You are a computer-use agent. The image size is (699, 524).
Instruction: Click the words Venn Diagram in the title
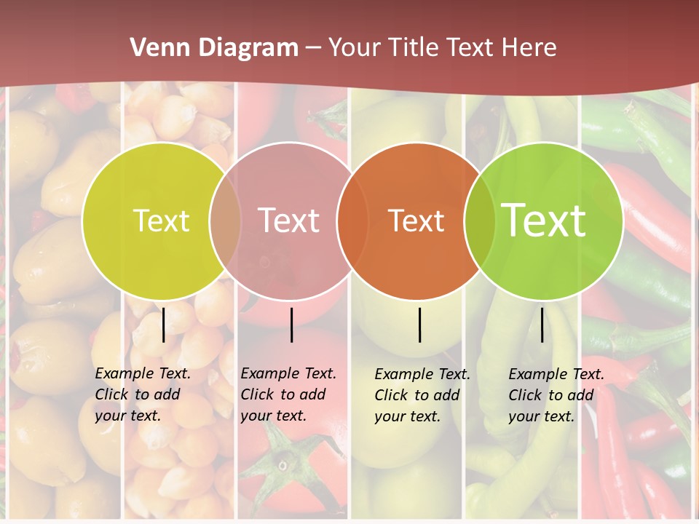[214, 48]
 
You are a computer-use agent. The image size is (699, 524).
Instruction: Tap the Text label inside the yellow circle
[161, 221]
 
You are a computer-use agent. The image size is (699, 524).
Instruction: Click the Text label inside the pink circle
[289, 221]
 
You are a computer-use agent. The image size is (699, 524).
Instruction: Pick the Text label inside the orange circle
[416, 221]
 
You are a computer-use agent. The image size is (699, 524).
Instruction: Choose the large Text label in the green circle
[544, 221]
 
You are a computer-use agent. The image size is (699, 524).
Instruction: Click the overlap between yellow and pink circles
[225, 221]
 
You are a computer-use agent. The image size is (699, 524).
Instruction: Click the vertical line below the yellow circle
[163, 325]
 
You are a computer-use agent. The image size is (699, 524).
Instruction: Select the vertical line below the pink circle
[291, 325]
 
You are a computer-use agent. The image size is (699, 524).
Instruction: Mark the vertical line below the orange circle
[420, 325]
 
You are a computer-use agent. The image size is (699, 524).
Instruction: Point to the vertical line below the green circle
[542, 325]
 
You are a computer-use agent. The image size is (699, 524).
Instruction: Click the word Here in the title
[529, 48]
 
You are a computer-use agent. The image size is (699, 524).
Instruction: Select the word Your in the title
[355, 48]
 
